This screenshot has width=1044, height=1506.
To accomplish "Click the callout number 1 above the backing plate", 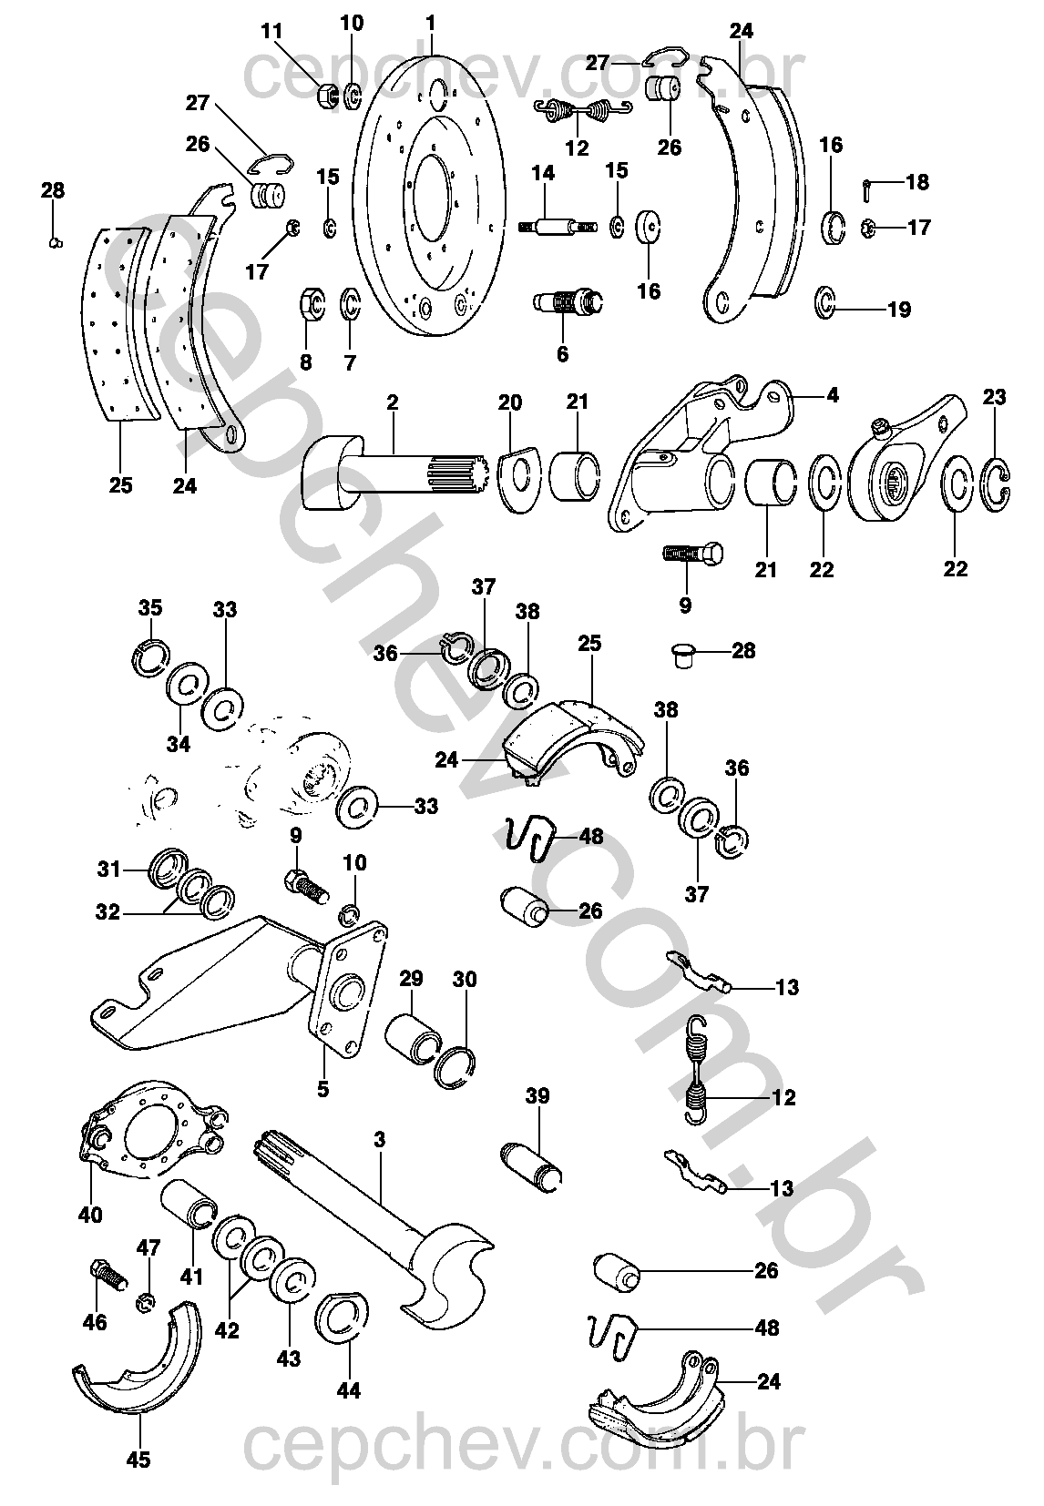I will point(431,21).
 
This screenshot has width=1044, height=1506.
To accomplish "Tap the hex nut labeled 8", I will point(311,302).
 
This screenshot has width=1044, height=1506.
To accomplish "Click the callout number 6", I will point(561,354).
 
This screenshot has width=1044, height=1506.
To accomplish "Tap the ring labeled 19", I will point(825,303).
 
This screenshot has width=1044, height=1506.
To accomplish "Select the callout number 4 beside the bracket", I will point(832,397).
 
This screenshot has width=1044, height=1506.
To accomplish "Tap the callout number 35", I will point(150,607).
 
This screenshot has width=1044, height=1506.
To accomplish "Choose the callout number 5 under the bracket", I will point(323,1087).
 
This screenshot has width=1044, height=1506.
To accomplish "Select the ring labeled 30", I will point(455,1066).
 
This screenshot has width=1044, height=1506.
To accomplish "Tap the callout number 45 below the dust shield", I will point(138,1459).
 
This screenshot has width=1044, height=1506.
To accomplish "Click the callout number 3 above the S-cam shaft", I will point(380,1139).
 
